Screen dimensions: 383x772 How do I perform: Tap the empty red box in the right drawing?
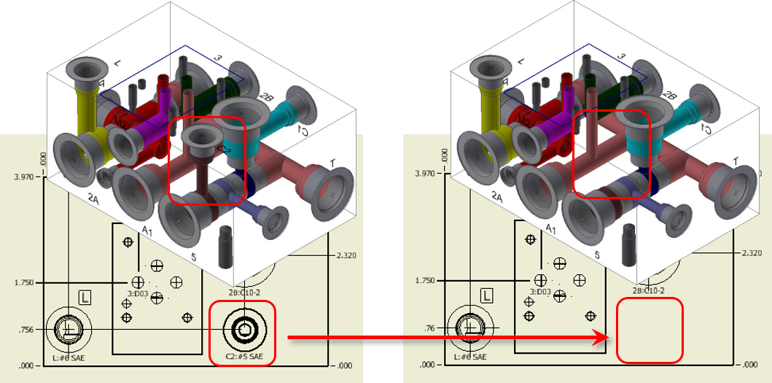click(x=650, y=330)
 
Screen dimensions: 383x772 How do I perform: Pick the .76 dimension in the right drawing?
click(x=430, y=328)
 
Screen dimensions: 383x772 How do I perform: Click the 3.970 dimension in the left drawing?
click(x=26, y=177)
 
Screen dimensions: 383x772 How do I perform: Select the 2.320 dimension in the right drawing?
click(x=751, y=253)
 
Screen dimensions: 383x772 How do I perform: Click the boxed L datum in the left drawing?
click(x=85, y=297)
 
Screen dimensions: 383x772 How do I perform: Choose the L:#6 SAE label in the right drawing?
click(x=473, y=357)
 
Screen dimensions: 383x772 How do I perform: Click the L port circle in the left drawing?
click(x=67, y=329)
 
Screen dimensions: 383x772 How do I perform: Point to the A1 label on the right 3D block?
click(x=553, y=231)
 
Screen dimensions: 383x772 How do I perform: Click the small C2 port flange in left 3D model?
click(x=197, y=136)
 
